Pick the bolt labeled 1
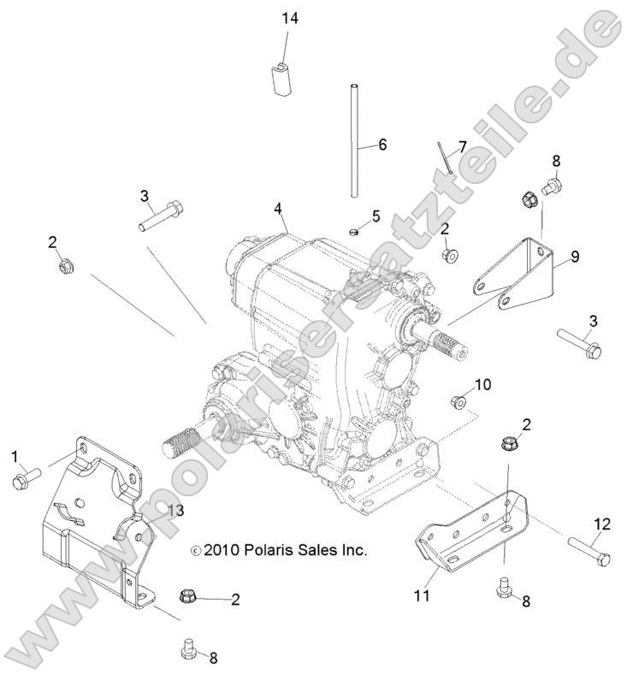tap(23, 480)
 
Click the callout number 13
tap(174, 511)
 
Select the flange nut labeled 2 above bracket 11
tap(508, 444)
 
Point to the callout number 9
tap(575, 256)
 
